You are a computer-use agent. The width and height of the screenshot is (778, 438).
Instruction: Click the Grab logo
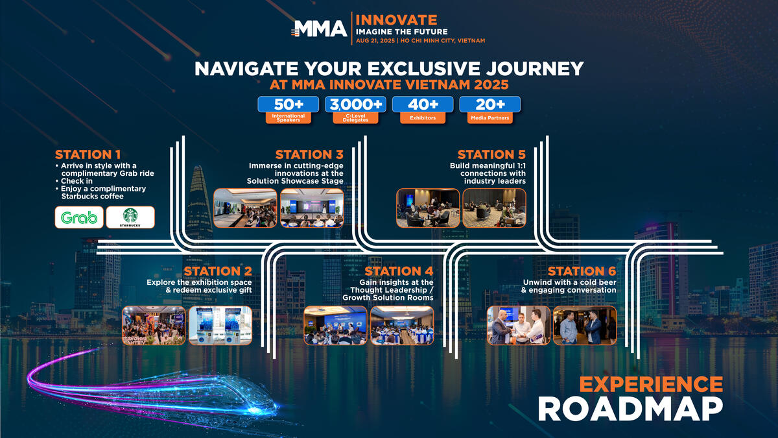[x=79, y=217]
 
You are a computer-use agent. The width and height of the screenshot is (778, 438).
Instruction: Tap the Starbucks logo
[x=130, y=217]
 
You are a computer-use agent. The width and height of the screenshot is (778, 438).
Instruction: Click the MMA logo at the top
[x=319, y=29]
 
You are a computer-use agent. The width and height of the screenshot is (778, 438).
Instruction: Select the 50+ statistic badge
[x=289, y=104]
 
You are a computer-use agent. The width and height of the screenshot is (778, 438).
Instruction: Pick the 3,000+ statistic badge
[x=356, y=104]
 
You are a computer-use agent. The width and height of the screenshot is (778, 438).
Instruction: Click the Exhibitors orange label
[x=423, y=118]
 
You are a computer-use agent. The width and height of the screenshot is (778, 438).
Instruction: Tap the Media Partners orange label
[x=490, y=118]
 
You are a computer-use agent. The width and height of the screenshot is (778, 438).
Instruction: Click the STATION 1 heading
[x=88, y=154]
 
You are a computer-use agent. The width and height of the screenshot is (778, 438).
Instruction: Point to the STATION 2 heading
[x=218, y=271]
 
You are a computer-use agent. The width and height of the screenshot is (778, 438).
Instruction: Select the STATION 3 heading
[x=309, y=154]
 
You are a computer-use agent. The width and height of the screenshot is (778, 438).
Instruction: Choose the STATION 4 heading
[x=399, y=271]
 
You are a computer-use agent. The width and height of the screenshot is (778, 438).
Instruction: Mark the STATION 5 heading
[x=491, y=154]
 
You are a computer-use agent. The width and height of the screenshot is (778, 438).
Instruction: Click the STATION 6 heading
[x=582, y=271]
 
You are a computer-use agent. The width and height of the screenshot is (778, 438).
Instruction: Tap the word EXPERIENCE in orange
[x=651, y=384]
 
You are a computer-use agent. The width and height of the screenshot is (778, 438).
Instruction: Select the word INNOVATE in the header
[x=396, y=20]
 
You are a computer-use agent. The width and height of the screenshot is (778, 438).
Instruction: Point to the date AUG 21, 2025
[x=375, y=41]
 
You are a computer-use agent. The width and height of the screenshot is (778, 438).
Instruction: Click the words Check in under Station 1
[x=77, y=181]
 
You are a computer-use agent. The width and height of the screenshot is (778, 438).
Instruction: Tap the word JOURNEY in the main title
[x=535, y=69]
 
